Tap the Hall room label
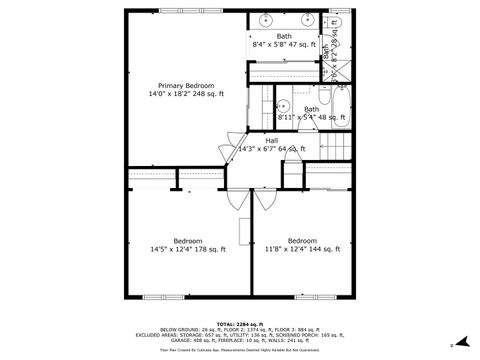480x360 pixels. pyautogui.click(x=271, y=144)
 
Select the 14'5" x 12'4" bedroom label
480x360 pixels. pyautogui.click(x=187, y=245)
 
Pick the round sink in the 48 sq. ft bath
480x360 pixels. pyautogui.click(x=283, y=104)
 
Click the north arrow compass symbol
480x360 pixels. pyautogui.click(x=461, y=341)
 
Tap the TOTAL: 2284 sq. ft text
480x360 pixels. pyautogui.click(x=240, y=324)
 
